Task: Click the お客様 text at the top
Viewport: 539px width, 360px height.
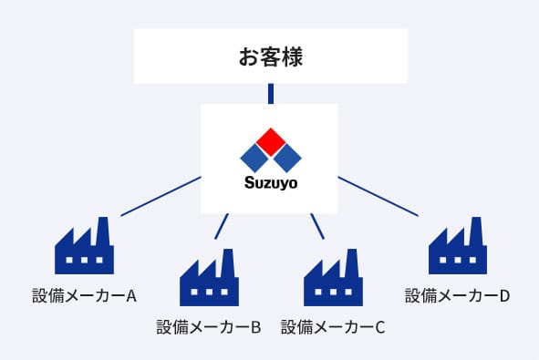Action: tap(270, 57)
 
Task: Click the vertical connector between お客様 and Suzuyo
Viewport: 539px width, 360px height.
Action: tap(270, 93)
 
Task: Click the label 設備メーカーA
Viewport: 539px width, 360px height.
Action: tap(84, 296)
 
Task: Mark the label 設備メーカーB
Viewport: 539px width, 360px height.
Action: tap(209, 326)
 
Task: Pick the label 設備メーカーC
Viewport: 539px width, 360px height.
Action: tap(333, 326)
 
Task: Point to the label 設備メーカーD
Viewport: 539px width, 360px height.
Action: tap(457, 296)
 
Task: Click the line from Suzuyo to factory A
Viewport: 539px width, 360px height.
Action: tap(161, 196)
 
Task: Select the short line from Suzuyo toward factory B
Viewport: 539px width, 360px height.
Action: tap(222, 226)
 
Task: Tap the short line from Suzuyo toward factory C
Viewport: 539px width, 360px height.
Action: tap(317, 226)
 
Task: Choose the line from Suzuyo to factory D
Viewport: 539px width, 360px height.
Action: tap(378, 196)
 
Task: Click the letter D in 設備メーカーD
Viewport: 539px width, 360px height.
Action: tap(504, 296)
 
